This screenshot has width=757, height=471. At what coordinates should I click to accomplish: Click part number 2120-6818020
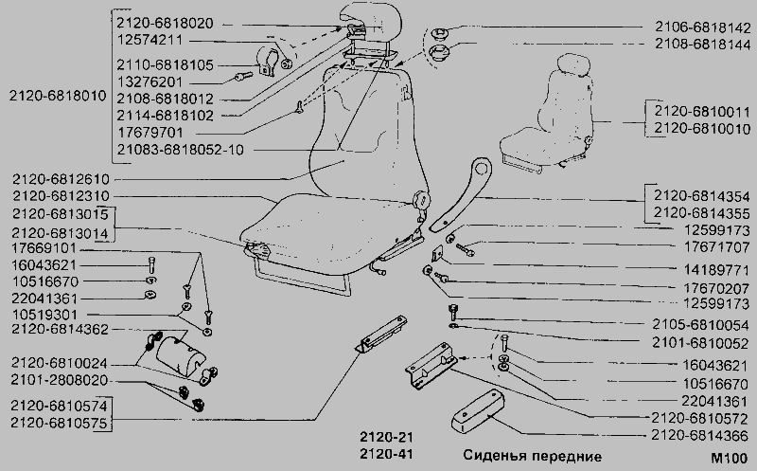pos(165,23)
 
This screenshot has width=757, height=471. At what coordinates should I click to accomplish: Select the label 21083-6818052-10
pos(180,150)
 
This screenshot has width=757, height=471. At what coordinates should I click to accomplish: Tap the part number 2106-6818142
pos(702,27)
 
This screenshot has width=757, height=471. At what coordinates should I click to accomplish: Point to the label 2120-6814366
pos(699,436)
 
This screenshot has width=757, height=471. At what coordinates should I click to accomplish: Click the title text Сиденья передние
pos(532,456)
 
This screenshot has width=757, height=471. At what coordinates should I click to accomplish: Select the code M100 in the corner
pos(729,458)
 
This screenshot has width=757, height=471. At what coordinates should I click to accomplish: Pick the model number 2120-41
pos(386,454)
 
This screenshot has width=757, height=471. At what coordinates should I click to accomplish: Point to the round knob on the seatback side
pos(421,199)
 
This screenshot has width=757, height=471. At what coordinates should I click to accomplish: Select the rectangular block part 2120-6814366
pos(478,410)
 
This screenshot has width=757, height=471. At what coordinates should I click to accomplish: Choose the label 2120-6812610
pos(61,179)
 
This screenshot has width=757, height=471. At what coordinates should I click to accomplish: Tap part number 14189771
pos(716,269)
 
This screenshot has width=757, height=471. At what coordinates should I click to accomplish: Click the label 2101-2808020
pos(60,380)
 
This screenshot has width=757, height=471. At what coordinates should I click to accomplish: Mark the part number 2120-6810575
pos(59,423)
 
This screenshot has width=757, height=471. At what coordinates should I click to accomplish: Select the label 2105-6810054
pos(700,324)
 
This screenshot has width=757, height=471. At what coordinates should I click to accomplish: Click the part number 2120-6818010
pos(58,96)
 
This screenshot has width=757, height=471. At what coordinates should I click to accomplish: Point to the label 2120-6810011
pos(702,112)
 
